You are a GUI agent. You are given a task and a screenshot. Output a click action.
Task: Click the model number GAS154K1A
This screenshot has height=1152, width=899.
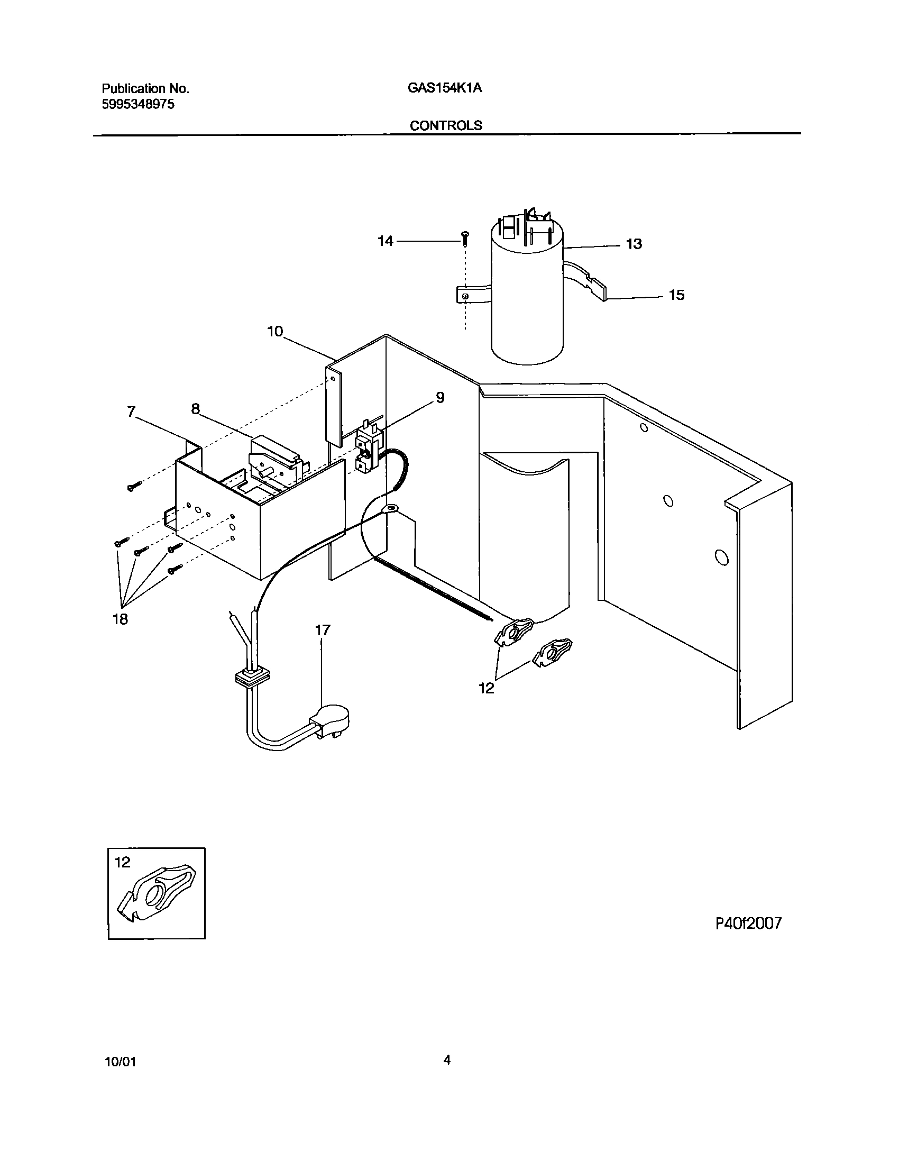[444, 88]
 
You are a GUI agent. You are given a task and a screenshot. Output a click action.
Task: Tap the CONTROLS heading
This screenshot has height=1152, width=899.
[446, 125]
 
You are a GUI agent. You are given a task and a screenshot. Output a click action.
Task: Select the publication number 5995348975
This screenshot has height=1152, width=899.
[138, 104]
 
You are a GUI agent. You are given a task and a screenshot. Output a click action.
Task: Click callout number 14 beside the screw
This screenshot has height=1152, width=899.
[385, 241]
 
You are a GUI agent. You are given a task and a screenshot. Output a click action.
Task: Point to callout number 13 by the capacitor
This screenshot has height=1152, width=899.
[634, 244]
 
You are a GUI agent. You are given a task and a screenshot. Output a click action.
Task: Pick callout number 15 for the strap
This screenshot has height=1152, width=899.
[676, 295]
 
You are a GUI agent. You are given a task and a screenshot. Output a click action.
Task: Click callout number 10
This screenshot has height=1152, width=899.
[275, 332]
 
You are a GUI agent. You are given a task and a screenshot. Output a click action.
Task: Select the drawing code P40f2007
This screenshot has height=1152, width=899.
[748, 924]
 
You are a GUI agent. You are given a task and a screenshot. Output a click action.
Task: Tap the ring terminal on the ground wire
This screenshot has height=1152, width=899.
[392, 510]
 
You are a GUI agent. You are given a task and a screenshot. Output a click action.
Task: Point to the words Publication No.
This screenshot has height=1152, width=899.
[145, 88]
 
